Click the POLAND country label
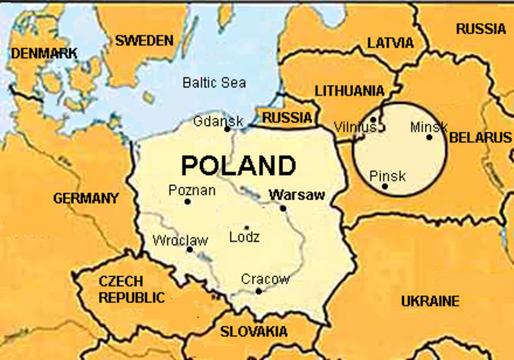(x=238, y=165)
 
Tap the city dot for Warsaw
(x=283, y=208)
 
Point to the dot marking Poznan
(x=187, y=202)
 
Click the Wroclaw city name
(x=180, y=239)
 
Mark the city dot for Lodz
(x=247, y=227)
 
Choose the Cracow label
(x=265, y=279)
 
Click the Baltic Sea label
(x=214, y=82)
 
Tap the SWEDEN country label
(x=144, y=40)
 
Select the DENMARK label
(x=44, y=53)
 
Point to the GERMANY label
(x=86, y=198)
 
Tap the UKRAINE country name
(x=430, y=301)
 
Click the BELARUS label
(x=479, y=137)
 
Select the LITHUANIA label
(x=349, y=91)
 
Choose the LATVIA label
(x=390, y=43)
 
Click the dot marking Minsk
(x=429, y=137)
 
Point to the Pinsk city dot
(x=385, y=186)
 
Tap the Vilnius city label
(x=354, y=127)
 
